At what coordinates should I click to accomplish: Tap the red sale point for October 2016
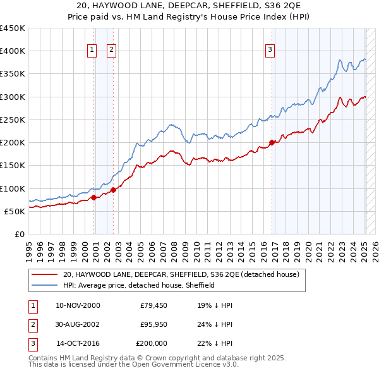click(272, 142)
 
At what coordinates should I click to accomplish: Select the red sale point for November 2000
click(94, 197)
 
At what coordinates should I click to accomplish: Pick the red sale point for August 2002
click(113, 190)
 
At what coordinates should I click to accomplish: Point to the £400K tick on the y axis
click(13, 51)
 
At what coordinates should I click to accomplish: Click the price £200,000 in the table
click(152, 343)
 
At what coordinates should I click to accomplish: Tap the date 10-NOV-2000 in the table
click(78, 305)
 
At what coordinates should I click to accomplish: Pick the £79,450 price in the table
click(153, 305)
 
